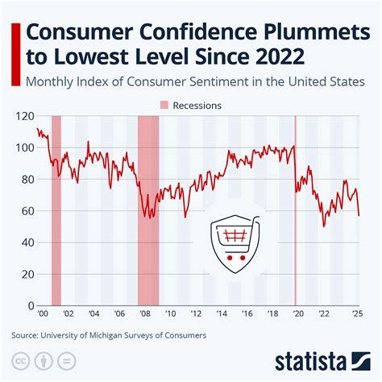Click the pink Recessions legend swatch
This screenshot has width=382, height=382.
click(x=165, y=105)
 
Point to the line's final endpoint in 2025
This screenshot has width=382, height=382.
click(x=359, y=215)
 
